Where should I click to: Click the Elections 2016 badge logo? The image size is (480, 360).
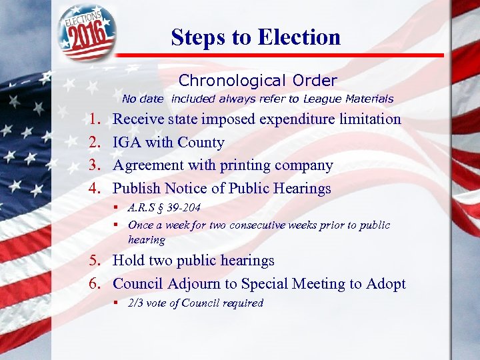click(x=86, y=31)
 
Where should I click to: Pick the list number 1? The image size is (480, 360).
click(x=94, y=120)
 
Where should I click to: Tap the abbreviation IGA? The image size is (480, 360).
click(x=127, y=143)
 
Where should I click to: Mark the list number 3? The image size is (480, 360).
click(x=94, y=165)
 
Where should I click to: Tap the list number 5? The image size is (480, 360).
click(x=94, y=261)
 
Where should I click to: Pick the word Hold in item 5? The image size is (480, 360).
click(x=128, y=261)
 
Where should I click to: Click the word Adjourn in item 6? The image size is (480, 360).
click(x=195, y=284)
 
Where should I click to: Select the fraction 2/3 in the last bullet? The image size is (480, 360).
click(x=136, y=303)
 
